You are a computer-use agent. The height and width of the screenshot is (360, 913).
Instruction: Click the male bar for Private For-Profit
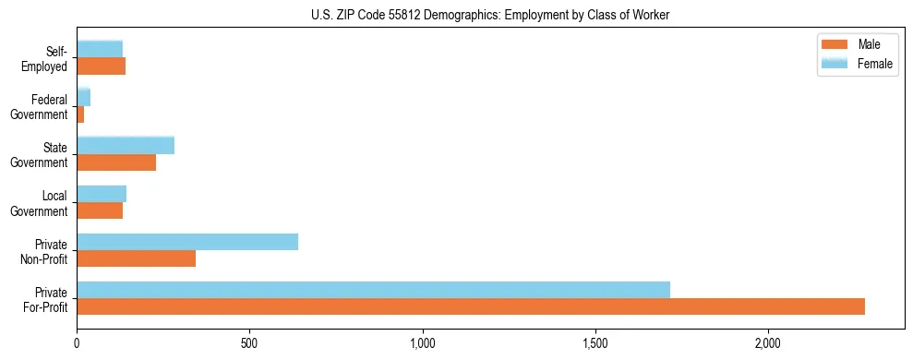point(471,306)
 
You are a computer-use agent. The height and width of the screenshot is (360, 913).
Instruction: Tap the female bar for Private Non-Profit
point(187,241)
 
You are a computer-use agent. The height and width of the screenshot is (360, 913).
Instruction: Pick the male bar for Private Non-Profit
point(136,258)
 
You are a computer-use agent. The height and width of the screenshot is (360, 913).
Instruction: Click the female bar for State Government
point(126,145)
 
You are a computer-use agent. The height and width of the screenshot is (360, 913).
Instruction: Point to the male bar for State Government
point(116,162)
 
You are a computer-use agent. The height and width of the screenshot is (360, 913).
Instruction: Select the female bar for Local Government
point(102,193)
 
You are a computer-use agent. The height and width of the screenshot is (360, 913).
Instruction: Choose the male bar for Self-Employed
point(101,66)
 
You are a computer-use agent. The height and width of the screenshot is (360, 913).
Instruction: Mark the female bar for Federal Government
point(83,97)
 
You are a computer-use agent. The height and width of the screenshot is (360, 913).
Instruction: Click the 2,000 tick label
point(768,343)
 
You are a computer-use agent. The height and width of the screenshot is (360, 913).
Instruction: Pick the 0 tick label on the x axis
point(77,343)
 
